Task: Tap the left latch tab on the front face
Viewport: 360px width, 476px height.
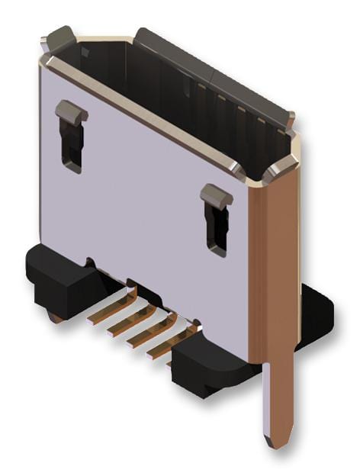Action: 71,112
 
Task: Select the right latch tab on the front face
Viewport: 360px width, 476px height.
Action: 217,196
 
